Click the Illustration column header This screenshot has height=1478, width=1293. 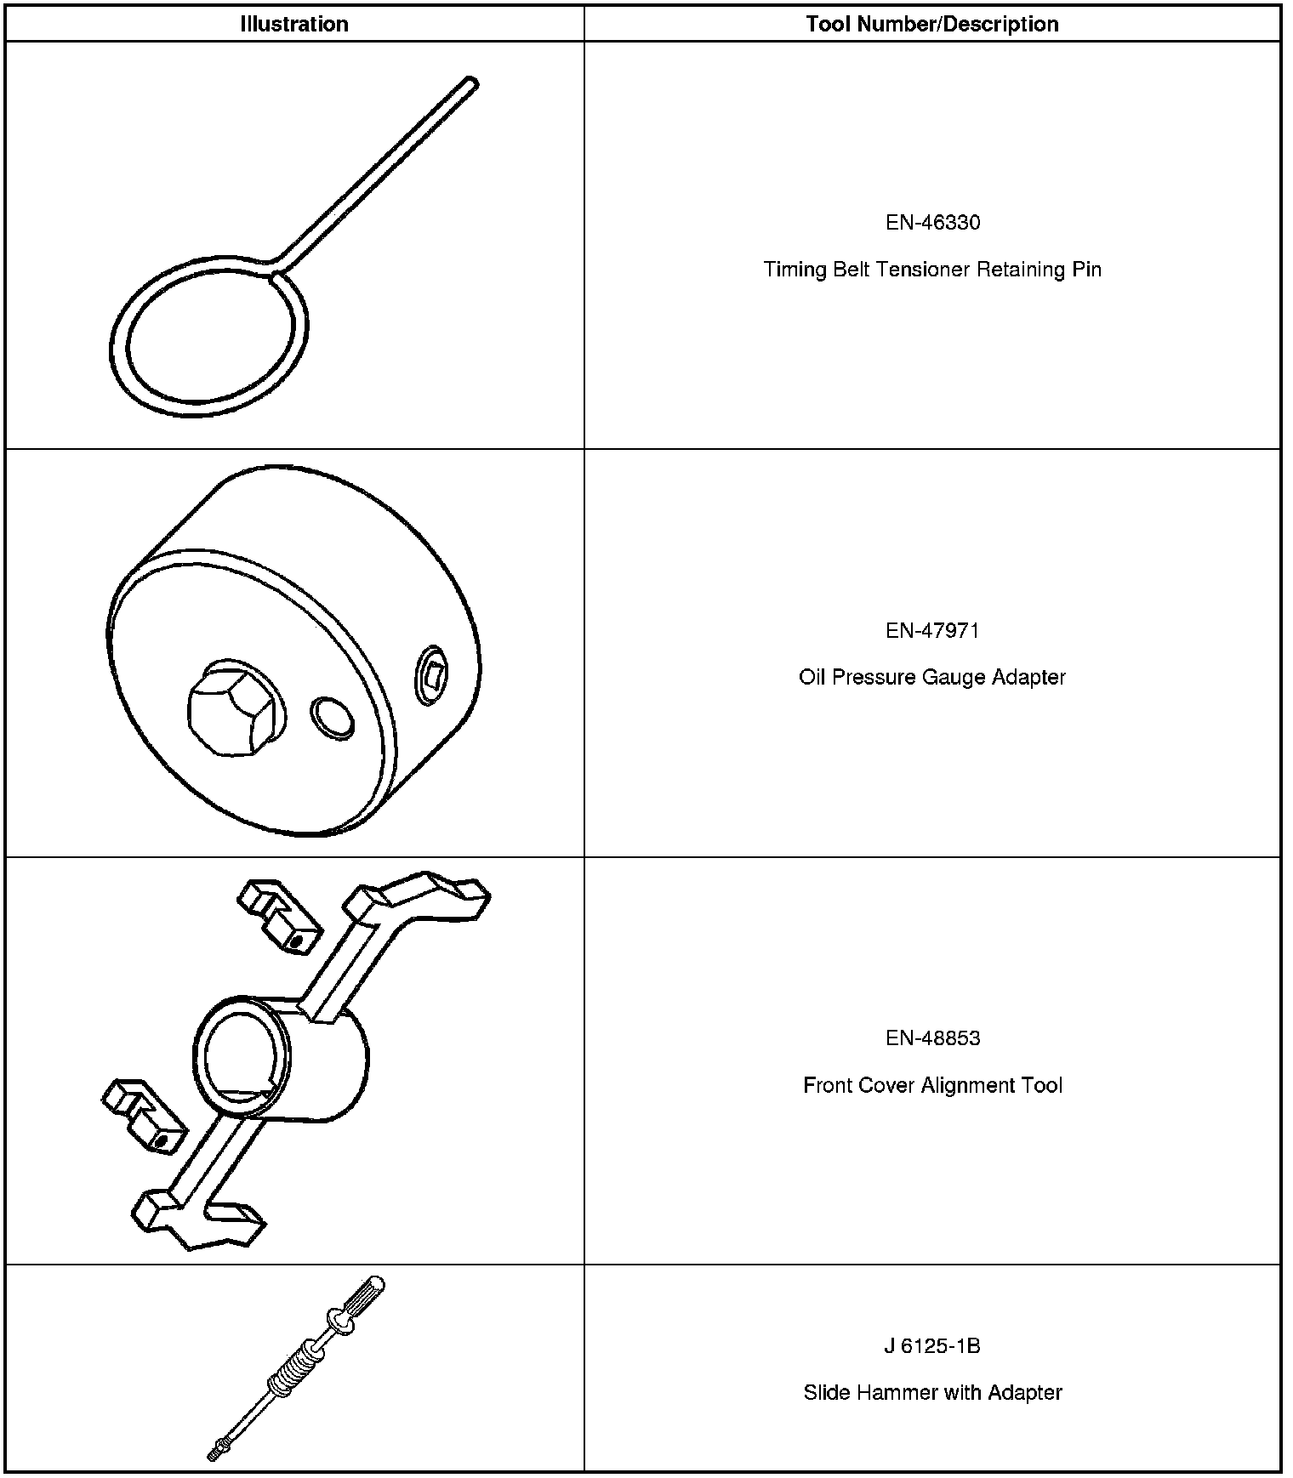pyautogui.click(x=293, y=24)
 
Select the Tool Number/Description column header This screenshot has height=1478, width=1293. pyautogui.click(x=932, y=24)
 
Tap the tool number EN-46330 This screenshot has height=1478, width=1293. pyautogui.click(x=932, y=223)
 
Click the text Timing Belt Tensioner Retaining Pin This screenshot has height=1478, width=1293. pyautogui.click(x=932, y=270)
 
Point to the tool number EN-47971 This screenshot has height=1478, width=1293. pyautogui.click(x=932, y=630)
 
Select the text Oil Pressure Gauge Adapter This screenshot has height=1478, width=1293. pyautogui.click(x=932, y=677)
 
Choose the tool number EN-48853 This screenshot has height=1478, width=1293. pyautogui.click(x=932, y=1037)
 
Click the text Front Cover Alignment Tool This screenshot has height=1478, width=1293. pyautogui.click(x=932, y=1085)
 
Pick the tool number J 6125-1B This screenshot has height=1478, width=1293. pyautogui.click(x=932, y=1346)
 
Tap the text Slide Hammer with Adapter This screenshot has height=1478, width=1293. pyautogui.click(x=932, y=1393)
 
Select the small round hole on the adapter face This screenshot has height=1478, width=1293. pyautogui.click(x=331, y=717)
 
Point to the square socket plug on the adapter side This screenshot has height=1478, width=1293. pyautogui.click(x=432, y=675)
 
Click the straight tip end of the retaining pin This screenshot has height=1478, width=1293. pyautogui.click(x=470, y=84)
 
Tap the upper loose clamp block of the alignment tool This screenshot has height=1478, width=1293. pyautogui.click(x=280, y=915)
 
